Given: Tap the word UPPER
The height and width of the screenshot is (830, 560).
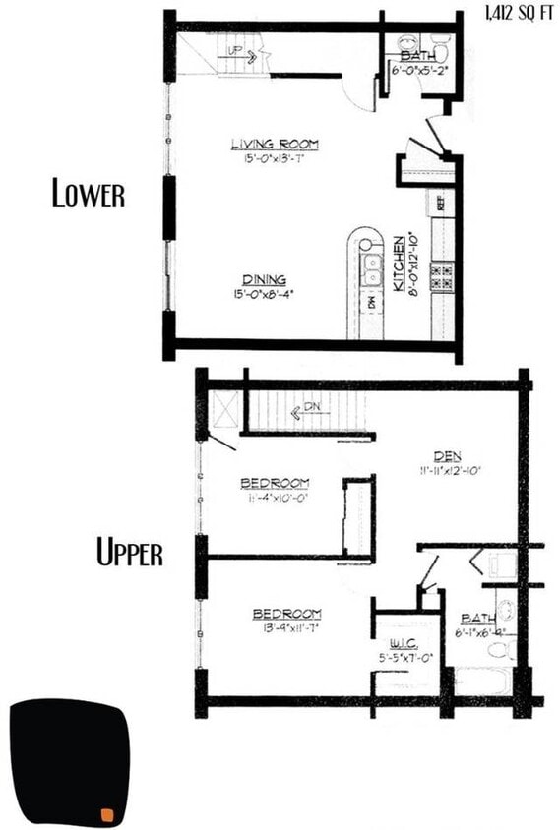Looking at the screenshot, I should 129,554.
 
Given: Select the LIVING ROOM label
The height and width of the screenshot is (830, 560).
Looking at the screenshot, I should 275,145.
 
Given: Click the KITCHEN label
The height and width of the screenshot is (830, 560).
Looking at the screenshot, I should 400,263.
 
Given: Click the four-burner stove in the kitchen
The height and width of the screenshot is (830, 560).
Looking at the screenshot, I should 442,274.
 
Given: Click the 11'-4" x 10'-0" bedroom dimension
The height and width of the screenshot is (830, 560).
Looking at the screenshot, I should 275,498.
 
